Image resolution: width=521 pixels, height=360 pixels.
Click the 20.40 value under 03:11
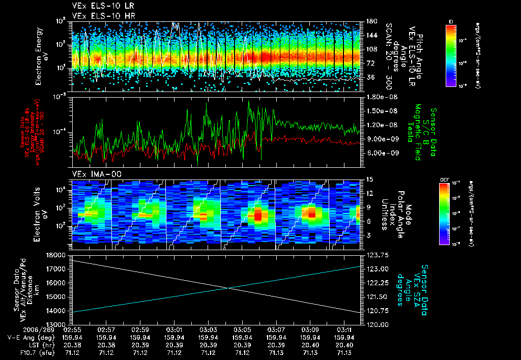344,345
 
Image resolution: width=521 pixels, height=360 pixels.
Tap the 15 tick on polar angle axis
369,179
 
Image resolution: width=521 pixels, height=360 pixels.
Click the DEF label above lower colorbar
444,179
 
